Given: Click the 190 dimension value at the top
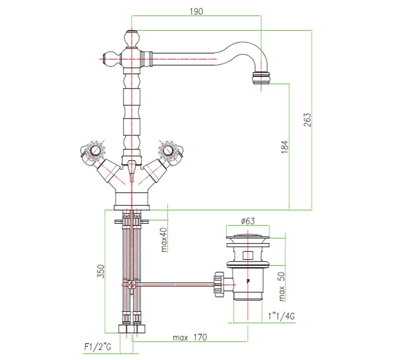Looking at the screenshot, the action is [x=196, y=12].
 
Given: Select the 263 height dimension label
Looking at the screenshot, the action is [x=307, y=120].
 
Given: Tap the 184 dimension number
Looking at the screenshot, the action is [x=284, y=147].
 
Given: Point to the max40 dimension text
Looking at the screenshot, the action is [x=164, y=239].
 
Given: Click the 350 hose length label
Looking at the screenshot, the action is [x=101, y=271].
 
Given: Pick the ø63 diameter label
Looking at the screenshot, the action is [x=248, y=221].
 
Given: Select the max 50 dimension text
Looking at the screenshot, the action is [x=282, y=286].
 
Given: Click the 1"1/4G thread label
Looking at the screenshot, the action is [x=281, y=316].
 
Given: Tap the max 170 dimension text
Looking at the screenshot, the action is [x=190, y=337].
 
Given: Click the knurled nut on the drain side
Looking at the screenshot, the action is [x=219, y=285].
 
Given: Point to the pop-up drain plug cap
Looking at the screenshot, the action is [x=248, y=238].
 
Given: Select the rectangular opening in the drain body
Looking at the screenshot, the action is [x=248, y=256].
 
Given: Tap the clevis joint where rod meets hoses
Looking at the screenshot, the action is [x=131, y=285].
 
